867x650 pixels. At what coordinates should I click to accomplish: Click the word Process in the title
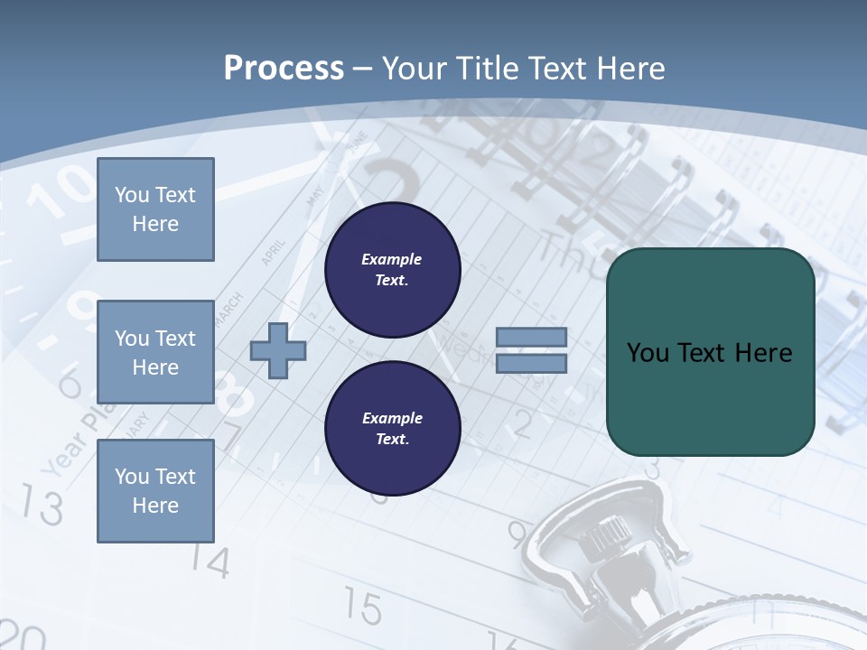(284, 69)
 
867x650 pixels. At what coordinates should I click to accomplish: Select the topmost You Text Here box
(155, 209)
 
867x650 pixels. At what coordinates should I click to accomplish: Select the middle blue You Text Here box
(155, 352)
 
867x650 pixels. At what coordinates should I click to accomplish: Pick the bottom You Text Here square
(155, 490)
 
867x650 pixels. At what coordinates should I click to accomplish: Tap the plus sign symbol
(278, 350)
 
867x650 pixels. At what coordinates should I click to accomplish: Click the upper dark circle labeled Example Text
(392, 269)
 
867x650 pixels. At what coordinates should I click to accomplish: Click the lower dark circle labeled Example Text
(392, 428)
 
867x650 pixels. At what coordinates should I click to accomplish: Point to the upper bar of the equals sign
(531, 338)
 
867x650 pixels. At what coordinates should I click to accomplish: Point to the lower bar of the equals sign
(531, 363)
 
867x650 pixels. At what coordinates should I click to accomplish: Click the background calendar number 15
(363, 608)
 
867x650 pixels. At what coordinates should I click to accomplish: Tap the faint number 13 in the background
(42, 506)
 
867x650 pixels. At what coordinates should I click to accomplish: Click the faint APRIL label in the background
(272, 252)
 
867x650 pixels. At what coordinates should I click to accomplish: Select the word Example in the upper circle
(392, 259)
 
